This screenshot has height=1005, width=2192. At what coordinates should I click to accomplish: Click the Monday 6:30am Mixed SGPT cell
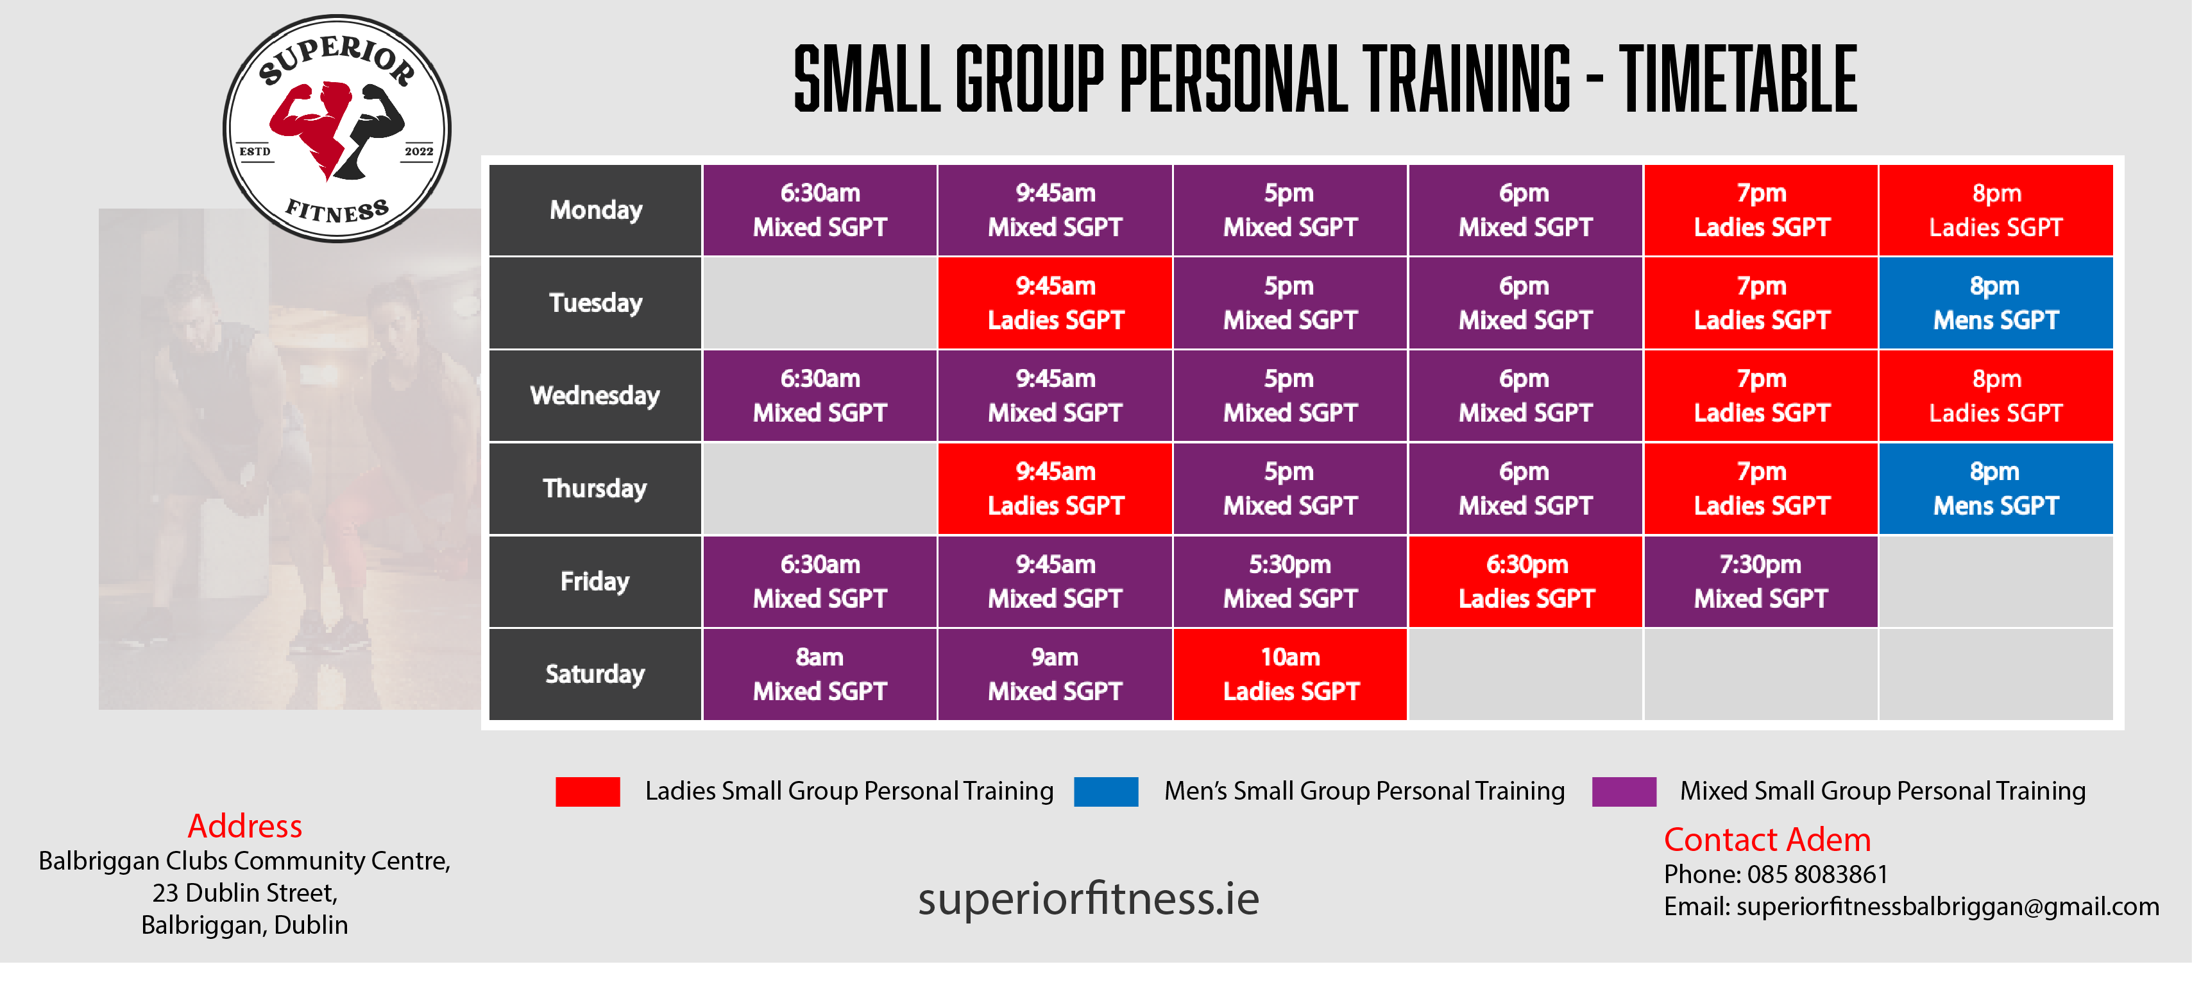point(819,210)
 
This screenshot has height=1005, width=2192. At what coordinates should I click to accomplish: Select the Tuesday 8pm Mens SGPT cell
point(1996,303)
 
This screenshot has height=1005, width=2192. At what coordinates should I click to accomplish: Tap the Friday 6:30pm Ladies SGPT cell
point(1525,581)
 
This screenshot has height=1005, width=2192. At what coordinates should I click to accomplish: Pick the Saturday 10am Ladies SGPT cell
point(1290,674)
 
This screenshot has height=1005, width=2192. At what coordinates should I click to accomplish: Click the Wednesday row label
point(595,396)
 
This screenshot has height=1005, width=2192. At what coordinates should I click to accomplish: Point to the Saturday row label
point(595,674)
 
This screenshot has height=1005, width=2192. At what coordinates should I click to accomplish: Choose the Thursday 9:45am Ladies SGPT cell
point(1055,488)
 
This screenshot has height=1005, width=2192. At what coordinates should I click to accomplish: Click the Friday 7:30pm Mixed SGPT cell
point(1760,581)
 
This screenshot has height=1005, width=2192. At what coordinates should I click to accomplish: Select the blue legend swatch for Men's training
point(1106,791)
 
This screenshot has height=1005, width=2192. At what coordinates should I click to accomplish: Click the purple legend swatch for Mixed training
point(1624,791)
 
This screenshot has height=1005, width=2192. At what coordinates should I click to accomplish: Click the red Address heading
point(245,825)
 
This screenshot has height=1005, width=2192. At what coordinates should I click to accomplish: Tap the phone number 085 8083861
point(1817,874)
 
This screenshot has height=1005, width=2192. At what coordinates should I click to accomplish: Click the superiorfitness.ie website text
point(1089,898)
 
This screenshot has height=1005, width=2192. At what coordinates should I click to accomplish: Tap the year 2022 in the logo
point(419,151)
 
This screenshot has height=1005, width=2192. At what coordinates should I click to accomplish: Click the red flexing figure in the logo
point(313,125)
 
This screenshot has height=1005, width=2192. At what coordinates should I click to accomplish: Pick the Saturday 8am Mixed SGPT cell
point(819,674)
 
